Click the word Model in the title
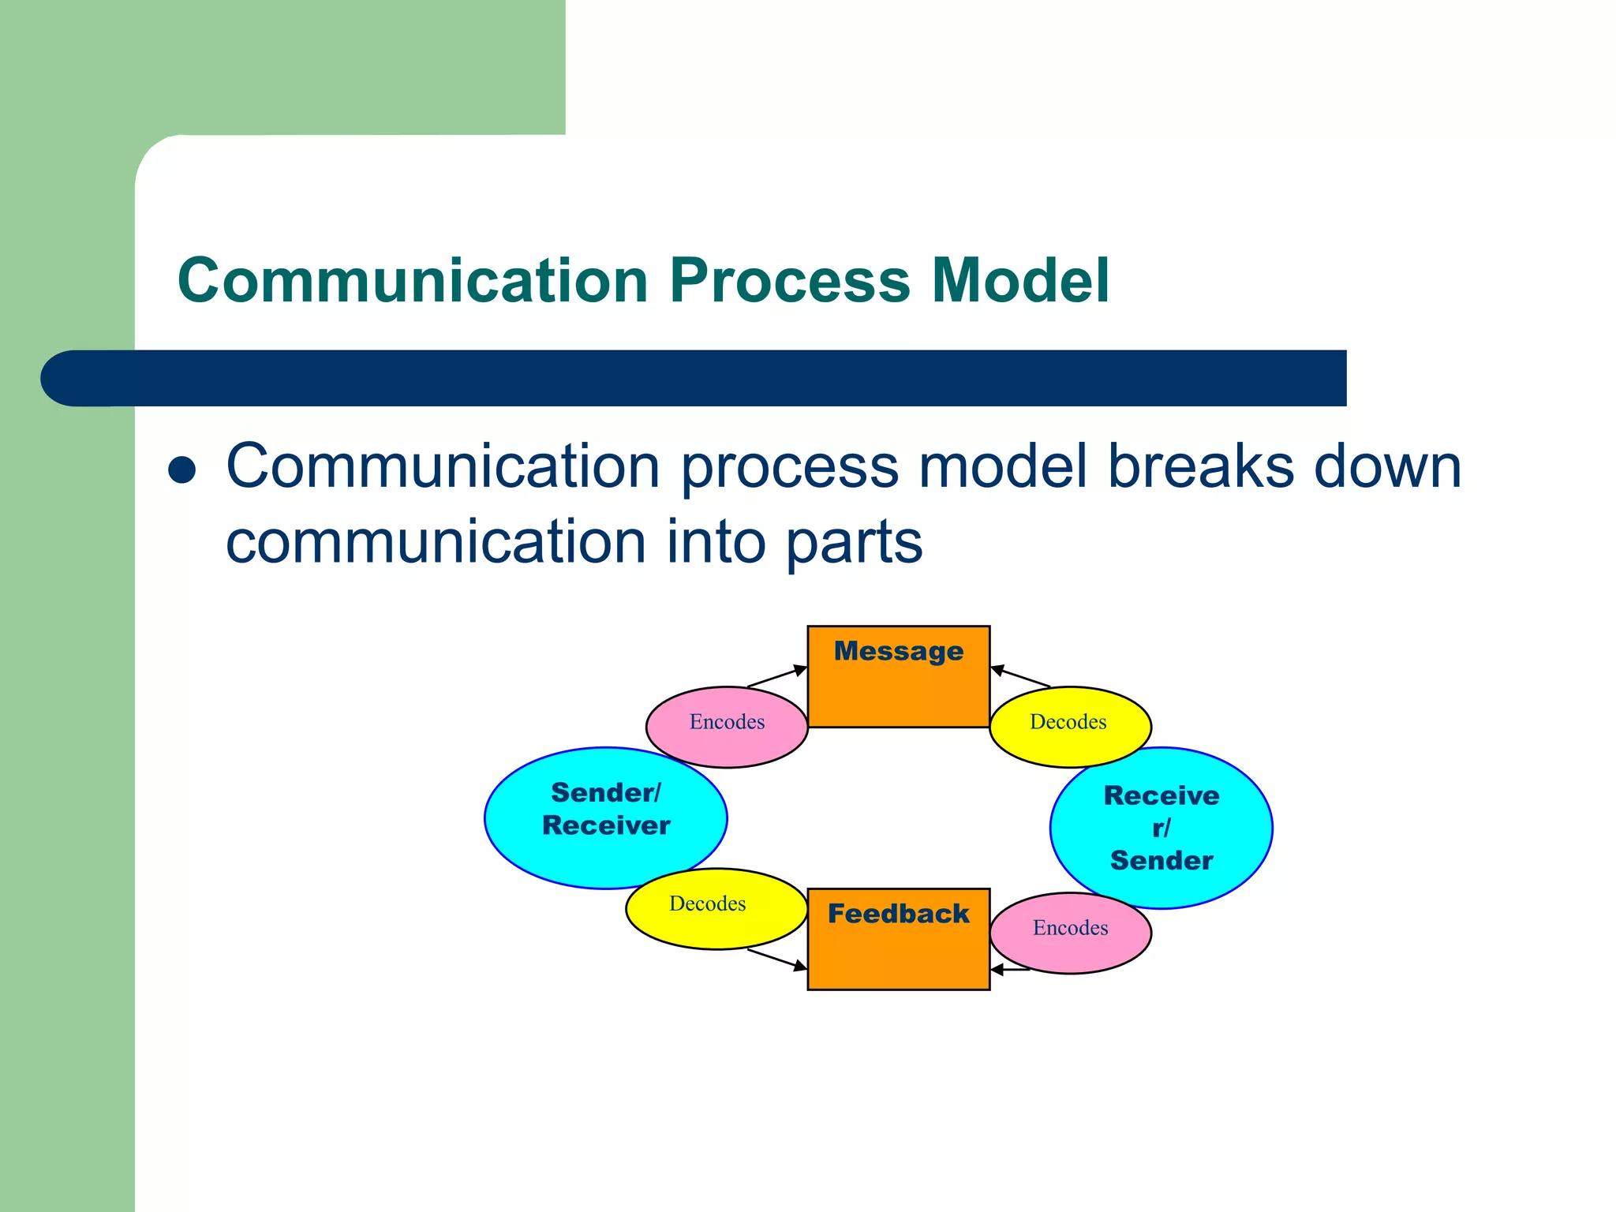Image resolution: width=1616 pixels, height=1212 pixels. [1020, 280]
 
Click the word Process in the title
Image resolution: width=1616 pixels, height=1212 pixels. [789, 280]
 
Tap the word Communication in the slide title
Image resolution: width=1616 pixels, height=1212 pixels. [413, 280]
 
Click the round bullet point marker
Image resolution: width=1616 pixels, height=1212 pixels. [182, 470]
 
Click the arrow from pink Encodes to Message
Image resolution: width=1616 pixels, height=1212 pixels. [777, 677]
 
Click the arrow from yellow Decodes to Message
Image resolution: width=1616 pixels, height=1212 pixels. [1020, 677]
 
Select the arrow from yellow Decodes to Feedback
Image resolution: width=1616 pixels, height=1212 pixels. [777, 959]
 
